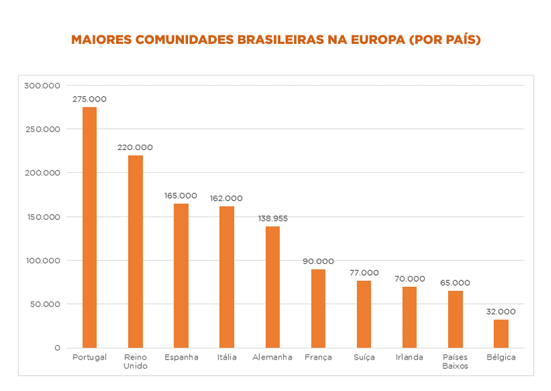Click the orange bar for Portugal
(89, 227)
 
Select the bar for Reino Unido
(135, 251)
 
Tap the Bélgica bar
(501, 333)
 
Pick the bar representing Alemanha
(273, 287)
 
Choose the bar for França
(318, 308)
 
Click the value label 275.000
(89, 99)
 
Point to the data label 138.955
(272, 218)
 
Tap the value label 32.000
(501, 312)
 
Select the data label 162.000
(226, 198)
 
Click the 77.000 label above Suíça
(364, 272)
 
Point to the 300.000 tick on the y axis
(42, 85)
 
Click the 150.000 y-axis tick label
(42, 217)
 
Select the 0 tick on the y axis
(57, 348)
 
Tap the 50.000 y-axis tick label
(44, 304)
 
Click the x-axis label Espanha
(181, 358)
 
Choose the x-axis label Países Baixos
(455, 362)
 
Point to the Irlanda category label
(409, 358)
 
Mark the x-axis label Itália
(226, 358)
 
